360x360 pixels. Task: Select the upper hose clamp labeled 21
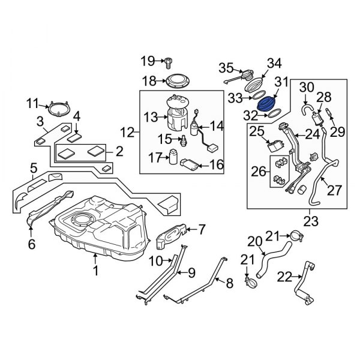tap(292, 235)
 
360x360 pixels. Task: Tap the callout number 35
tap(225, 66)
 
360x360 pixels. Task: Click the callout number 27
tap(333, 190)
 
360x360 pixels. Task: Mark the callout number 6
tap(31, 244)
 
